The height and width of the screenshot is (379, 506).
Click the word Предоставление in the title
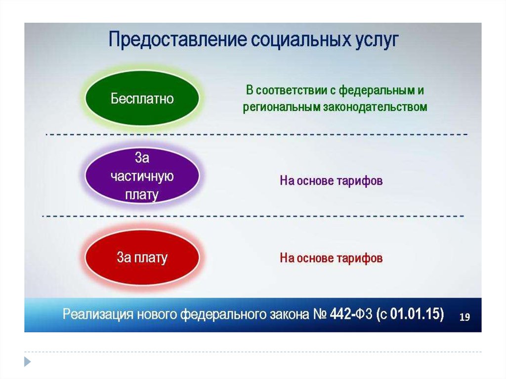[178, 40]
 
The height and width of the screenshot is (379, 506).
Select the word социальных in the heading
[301, 40]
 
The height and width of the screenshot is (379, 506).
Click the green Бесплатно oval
[142, 98]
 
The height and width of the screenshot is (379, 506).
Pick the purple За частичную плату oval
[142, 176]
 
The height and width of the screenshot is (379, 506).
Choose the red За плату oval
[142, 257]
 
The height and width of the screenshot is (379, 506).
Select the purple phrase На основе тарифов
[331, 181]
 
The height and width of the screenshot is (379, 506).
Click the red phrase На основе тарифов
[331, 258]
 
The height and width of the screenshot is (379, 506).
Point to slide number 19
[464, 317]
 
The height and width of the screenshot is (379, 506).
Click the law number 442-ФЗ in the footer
[351, 314]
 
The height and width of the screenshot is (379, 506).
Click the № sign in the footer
[320, 314]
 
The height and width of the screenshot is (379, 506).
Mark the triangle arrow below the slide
[28, 362]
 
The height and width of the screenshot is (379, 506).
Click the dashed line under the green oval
[256, 134]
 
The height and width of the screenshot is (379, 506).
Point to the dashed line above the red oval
[253, 216]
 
